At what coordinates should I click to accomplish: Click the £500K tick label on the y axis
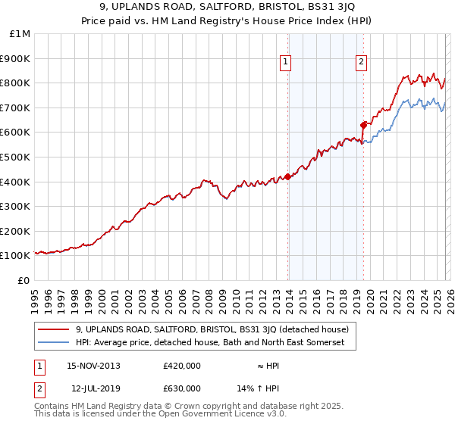click(16, 157)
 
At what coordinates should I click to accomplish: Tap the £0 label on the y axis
click(24, 280)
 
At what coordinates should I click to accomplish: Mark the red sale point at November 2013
click(288, 176)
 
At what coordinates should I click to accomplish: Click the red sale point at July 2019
click(363, 125)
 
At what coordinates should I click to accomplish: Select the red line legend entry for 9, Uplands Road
click(212, 329)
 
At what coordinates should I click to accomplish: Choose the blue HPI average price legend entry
click(210, 343)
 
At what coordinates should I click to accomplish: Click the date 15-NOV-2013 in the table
click(93, 366)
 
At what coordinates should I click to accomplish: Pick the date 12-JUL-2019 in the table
click(93, 388)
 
